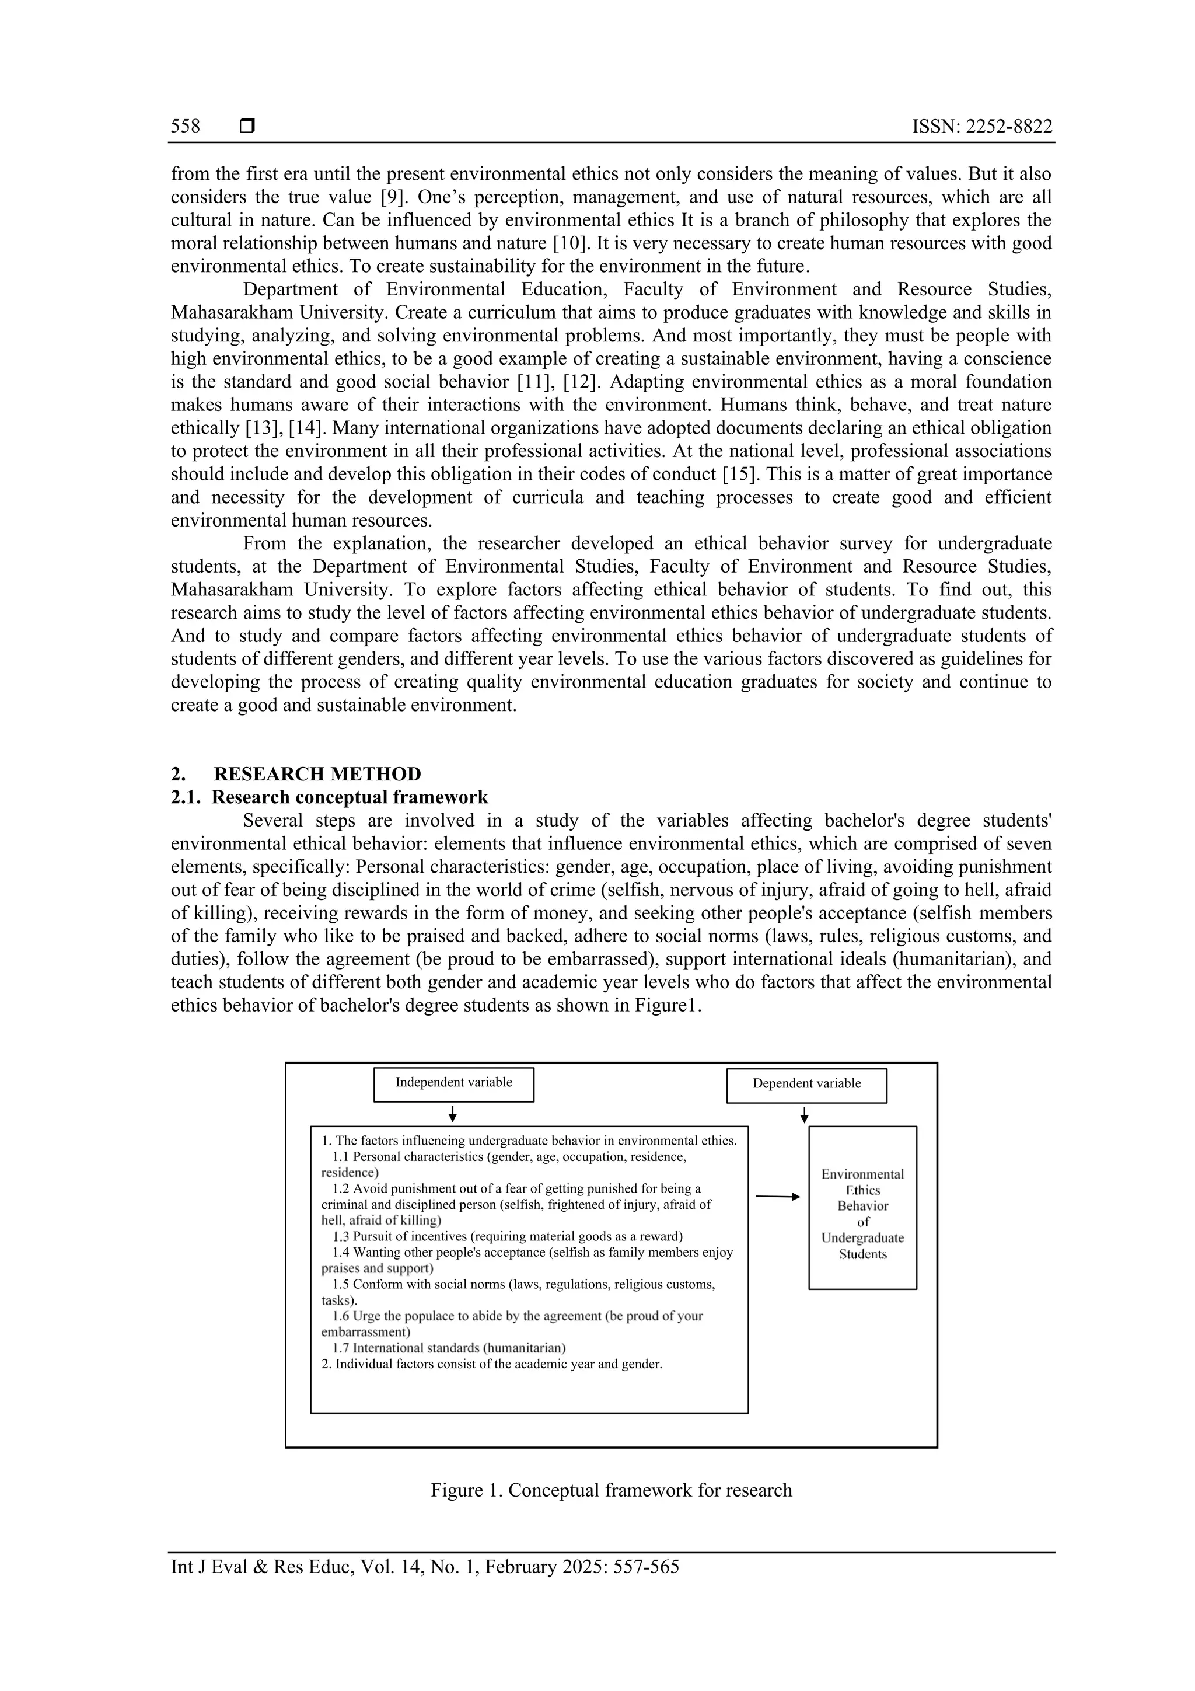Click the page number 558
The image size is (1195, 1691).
point(185,127)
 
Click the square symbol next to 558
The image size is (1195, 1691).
point(247,127)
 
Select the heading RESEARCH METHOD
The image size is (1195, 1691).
point(317,774)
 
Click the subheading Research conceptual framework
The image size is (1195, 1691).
point(350,797)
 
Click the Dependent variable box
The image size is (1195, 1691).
point(806,1085)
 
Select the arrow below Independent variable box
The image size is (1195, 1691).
point(453,1114)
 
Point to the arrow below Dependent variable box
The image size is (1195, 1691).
point(804,1115)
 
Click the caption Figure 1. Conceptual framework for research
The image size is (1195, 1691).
point(611,1490)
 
